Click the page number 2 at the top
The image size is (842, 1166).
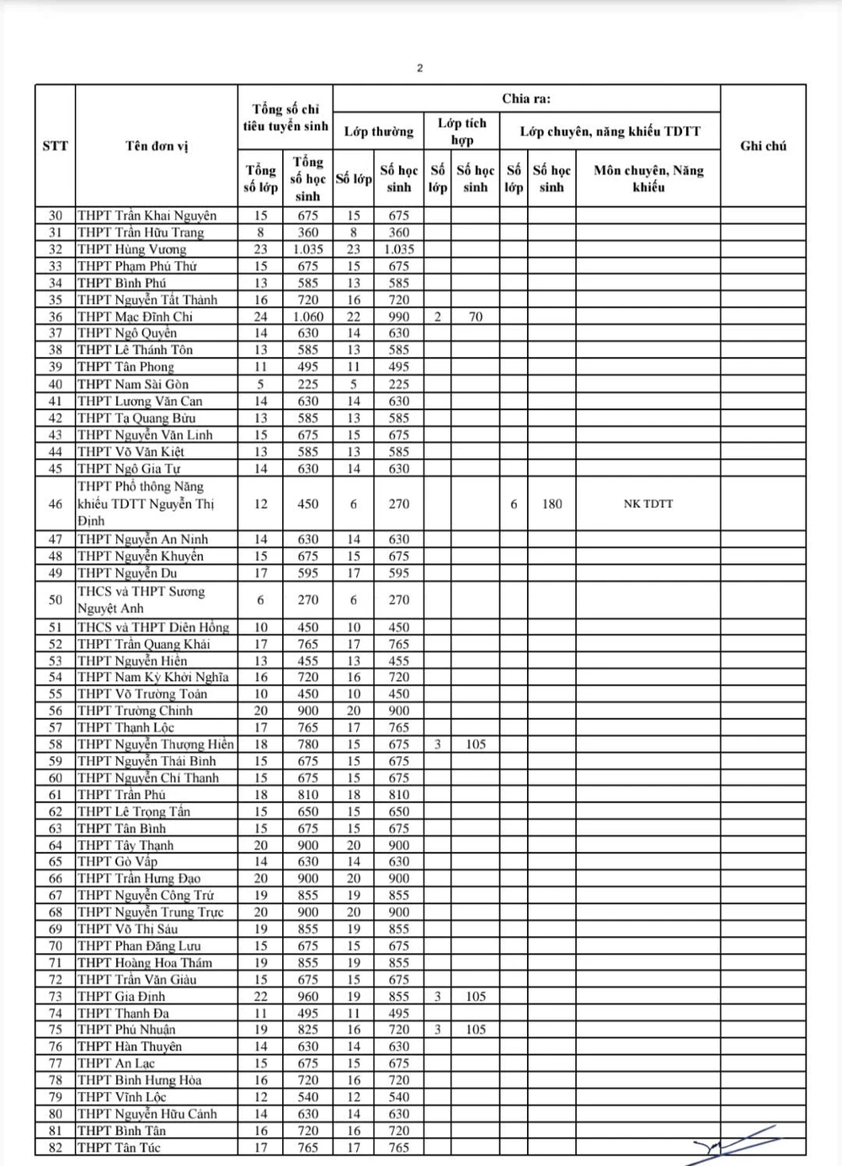[420, 68]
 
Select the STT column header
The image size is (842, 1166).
[55, 146]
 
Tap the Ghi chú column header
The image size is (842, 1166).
[763, 146]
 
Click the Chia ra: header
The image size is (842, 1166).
[526, 98]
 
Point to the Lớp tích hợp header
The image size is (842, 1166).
[461, 131]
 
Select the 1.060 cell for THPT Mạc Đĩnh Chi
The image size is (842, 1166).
[308, 317]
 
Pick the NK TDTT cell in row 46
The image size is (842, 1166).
[647, 503]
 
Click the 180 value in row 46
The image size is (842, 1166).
[552, 503]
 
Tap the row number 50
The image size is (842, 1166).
[56, 599]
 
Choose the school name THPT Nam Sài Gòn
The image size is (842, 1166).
[133, 384]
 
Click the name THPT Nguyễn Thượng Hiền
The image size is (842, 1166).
[156, 744]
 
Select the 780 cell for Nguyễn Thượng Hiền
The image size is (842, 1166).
[308, 744]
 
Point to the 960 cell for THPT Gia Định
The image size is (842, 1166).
[308, 996]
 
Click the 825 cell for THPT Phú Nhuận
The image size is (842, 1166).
[308, 1029]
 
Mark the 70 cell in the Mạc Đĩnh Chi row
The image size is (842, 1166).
[475, 317]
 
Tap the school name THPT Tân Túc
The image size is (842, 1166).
[119, 1147]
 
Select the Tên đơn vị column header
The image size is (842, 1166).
[157, 146]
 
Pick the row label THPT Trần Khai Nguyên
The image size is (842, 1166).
[147, 216]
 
